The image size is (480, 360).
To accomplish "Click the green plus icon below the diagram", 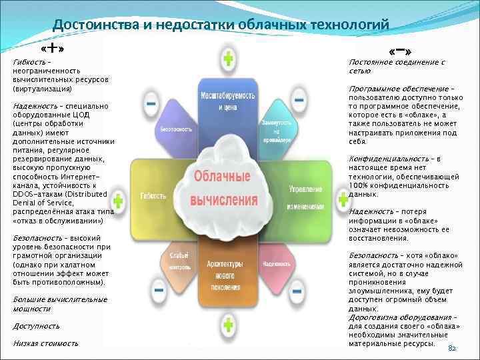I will pyautogui.click(x=228, y=325).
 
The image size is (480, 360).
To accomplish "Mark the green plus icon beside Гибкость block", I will pyautogui.click(x=118, y=200).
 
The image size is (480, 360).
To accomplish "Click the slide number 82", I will pyautogui.click(x=451, y=349).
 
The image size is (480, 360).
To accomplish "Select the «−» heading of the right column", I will pyautogui.click(x=399, y=51).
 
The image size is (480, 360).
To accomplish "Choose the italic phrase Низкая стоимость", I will pyautogui.click(x=45, y=343).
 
